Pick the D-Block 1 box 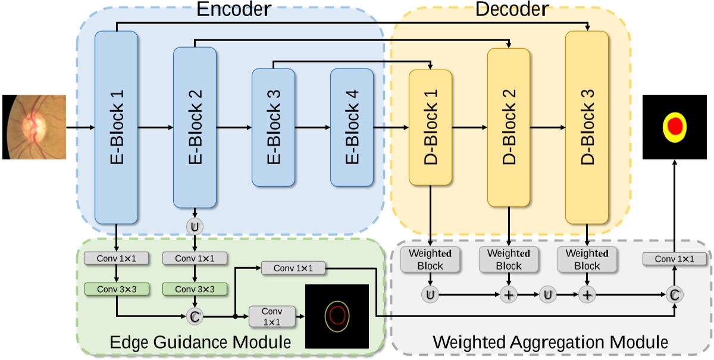[430, 127]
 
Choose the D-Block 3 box [587, 127]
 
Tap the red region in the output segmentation [674, 126]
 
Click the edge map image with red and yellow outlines [337, 315]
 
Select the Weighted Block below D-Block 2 [509, 259]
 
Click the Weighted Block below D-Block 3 [587, 259]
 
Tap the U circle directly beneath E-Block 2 [195, 227]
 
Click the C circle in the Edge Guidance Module [195, 316]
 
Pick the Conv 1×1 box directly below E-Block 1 [117, 259]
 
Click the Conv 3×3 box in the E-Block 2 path [195, 289]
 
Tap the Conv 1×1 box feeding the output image [675, 259]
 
